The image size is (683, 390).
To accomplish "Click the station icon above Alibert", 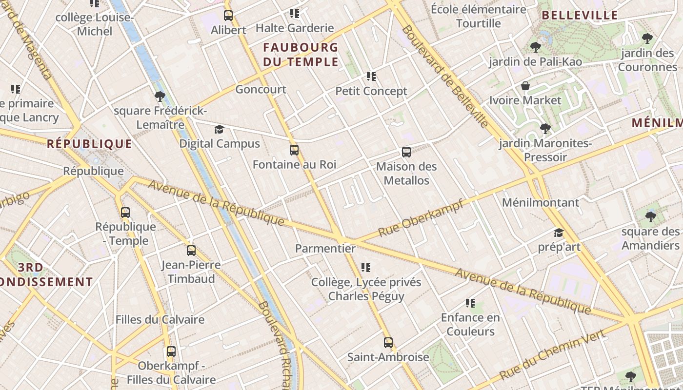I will [228, 16].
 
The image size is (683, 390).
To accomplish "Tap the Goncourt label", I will [261, 89].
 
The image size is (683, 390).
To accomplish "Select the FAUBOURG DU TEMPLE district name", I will [301, 55].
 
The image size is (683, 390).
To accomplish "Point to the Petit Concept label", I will [371, 91].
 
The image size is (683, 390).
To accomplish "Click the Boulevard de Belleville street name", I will [445, 77].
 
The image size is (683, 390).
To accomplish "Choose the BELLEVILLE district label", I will [580, 15].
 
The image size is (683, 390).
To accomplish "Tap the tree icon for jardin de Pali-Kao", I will [535, 47].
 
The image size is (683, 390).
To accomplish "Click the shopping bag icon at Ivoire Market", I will [525, 86].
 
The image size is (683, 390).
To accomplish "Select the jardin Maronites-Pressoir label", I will [545, 150].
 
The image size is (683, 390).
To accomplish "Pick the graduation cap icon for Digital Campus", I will [220, 129].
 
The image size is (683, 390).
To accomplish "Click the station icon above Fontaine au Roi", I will [294, 150].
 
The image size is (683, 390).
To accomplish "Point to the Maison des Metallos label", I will [406, 174].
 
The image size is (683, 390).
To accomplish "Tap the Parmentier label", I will [325, 248].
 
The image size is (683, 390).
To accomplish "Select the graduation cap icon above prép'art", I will [559, 233].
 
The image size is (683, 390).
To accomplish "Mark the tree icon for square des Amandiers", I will [650, 217].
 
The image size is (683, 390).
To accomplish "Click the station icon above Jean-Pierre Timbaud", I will [191, 251].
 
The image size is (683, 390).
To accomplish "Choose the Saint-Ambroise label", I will [388, 357].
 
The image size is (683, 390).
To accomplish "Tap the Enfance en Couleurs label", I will [470, 325].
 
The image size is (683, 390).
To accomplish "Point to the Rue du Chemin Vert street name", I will [552, 354].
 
